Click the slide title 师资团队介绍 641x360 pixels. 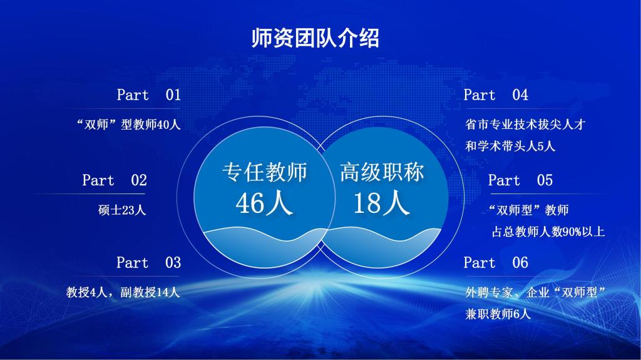point(315,38)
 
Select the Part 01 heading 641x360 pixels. point(148,95)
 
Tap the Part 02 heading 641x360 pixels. point(114,181)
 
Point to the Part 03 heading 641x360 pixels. point(148,263)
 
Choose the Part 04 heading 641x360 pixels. point(496,95)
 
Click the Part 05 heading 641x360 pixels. point(520,181)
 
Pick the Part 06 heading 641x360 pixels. point(496,263)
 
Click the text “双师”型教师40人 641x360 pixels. point(128,125)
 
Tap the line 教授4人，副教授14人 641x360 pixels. point(123,292)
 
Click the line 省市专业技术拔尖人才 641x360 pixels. point(525,125)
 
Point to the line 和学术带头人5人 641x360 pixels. point(510,147)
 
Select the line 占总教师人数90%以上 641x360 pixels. point(548,232)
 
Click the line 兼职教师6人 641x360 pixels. point(498,314)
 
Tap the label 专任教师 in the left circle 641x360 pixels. point(264,172)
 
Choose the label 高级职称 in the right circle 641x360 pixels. point(382,172)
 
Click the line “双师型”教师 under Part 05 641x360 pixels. point(528,210)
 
